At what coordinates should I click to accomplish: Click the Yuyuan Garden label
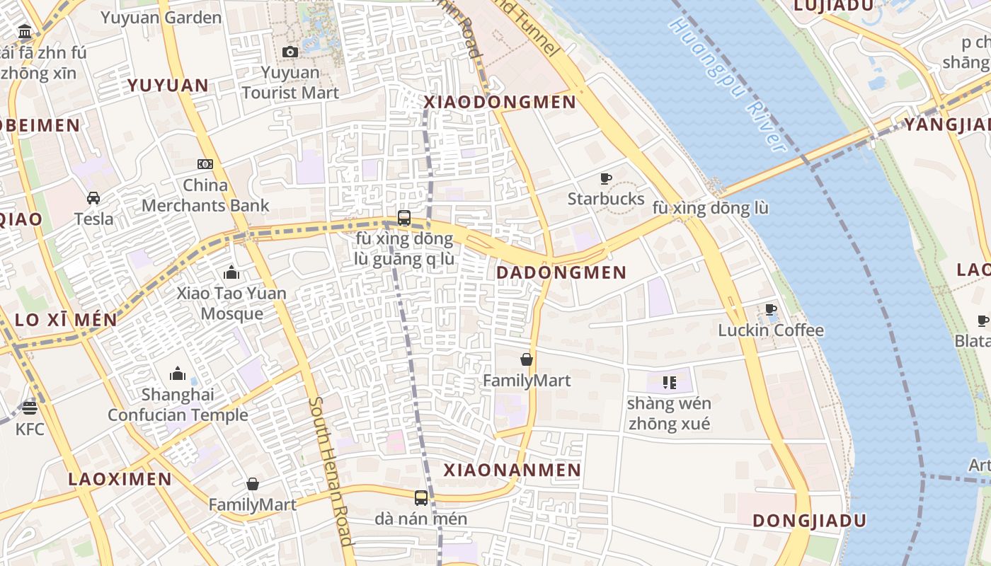point(161,18)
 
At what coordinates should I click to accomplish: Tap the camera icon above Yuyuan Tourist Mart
point(290,52)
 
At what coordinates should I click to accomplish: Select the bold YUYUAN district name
point(168,86)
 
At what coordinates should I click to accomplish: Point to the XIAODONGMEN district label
point(500,103)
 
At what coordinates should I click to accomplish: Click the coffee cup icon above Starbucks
point(606,178)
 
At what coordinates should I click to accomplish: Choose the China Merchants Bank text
point(205,196)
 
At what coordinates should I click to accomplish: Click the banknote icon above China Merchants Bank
point(205,164)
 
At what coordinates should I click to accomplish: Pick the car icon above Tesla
point(93,198)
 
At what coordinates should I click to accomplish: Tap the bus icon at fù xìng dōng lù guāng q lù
point(404,217)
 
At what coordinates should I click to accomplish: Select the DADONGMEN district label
point(561,272)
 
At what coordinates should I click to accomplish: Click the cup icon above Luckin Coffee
point(771,310)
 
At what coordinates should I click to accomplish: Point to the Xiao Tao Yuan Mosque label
point(231,303)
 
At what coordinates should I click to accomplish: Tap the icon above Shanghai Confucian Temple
point(178,373)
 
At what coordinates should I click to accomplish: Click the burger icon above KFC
point(29,408)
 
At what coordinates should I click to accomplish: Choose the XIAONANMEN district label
point(512,470)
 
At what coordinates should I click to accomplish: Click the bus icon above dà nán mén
point(421,498)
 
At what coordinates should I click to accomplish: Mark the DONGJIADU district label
point(809,521)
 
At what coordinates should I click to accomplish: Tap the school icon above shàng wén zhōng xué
point(669,383)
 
